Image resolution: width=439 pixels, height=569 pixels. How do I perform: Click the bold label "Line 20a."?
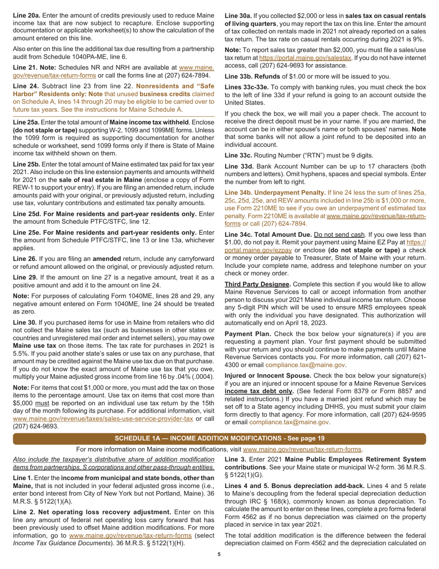click(27, 15)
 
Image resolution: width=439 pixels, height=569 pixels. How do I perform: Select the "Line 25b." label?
click(27, 164)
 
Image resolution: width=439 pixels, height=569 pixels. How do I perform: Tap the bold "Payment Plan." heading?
click(245, 334)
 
